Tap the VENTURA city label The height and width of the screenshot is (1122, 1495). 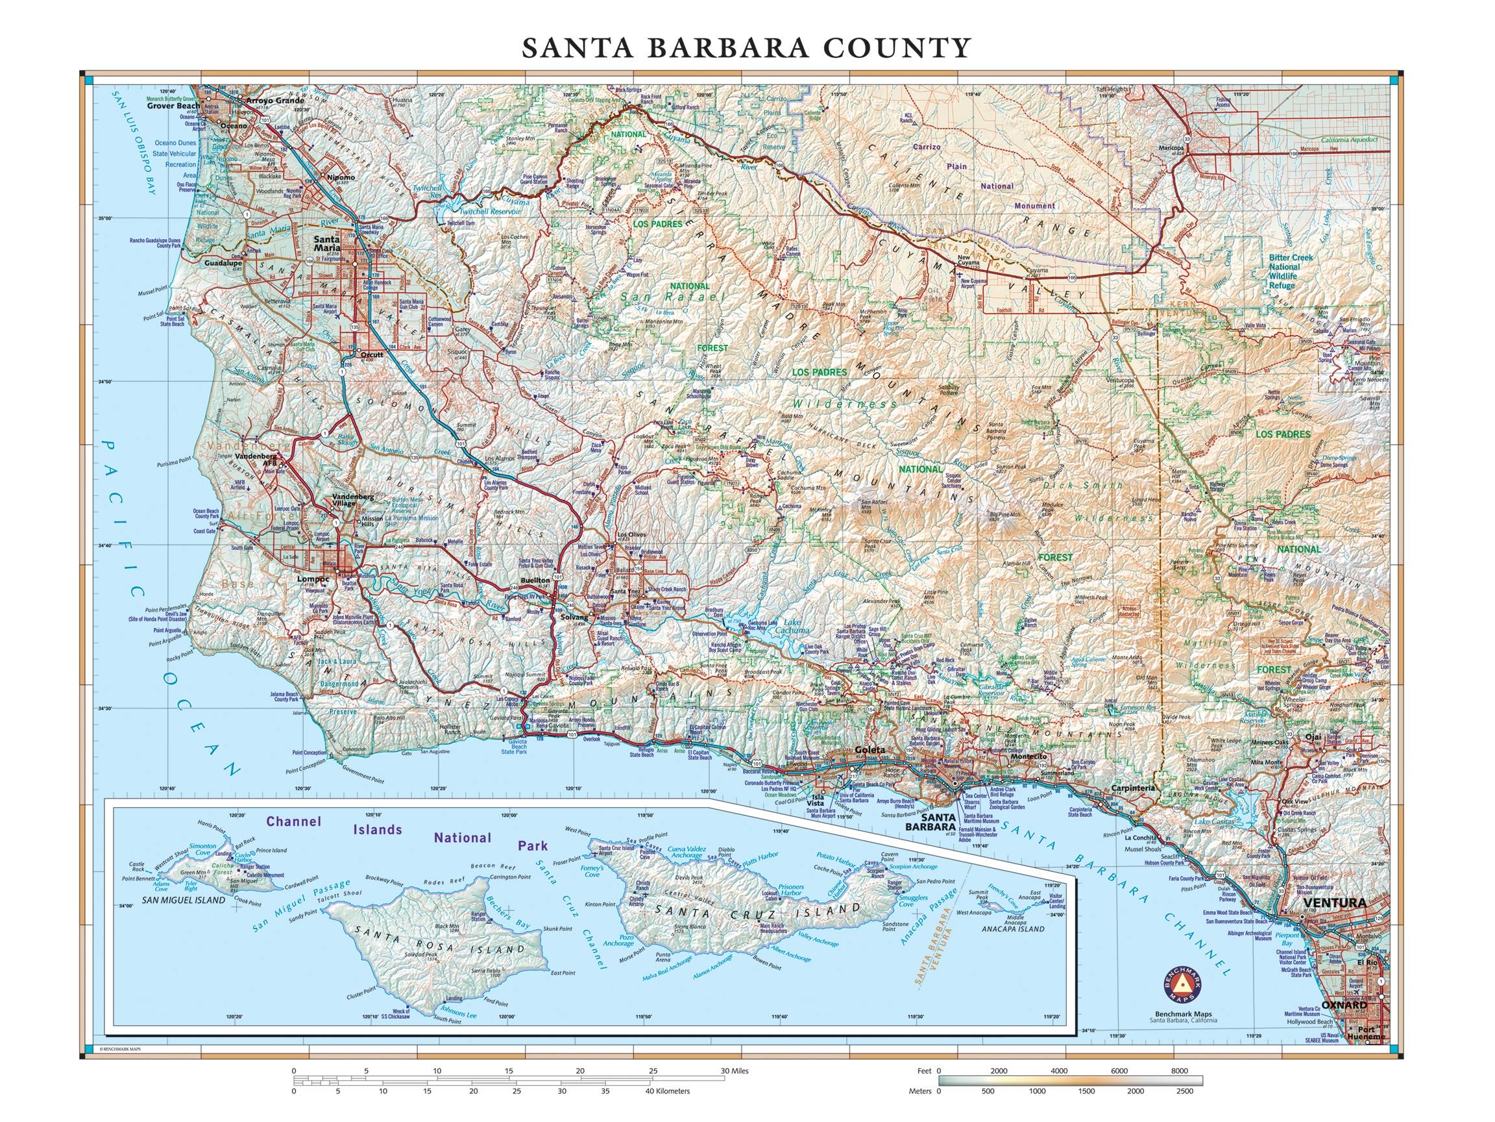(1334, 902)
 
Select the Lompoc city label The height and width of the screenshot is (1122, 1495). (313, 580)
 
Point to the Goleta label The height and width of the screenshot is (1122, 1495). (870, 750)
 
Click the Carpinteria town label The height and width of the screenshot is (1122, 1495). (1134, 788)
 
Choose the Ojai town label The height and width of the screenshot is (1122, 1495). (1313, 736)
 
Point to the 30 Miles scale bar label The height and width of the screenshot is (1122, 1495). (734, 1071)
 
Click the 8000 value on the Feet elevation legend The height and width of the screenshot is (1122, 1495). (1179, 1071)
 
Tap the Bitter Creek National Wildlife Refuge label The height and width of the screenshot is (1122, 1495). (1290, 271)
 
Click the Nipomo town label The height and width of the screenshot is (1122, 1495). (341, 177)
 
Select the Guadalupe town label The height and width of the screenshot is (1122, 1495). (223, 262)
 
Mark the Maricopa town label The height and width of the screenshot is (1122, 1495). (1171, 147)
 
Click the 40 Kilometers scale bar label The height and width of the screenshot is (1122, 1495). (667, 1091)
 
